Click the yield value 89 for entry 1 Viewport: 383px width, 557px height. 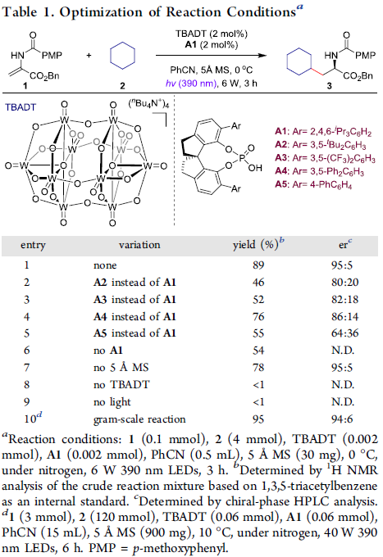point(258,265)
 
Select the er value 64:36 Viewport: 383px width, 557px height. point(345,333)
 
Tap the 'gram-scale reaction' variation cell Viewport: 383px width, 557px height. point(139,419)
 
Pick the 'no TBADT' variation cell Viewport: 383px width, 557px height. point(121,385)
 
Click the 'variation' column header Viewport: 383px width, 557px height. point(139,245)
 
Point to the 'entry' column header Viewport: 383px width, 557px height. point(33,246)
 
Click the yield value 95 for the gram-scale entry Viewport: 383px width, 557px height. point(258,419)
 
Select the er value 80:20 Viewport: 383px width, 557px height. point(345,283)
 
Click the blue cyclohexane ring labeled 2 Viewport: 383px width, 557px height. point(122,56)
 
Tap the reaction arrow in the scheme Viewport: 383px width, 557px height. point(211,56)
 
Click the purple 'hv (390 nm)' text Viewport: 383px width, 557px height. point(191,84)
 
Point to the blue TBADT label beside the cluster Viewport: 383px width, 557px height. point(21,107)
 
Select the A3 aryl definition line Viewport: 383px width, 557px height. point(325,158)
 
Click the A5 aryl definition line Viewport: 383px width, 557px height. point(313,185)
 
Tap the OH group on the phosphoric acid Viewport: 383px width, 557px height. point(255,168)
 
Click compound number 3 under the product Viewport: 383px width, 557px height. point(330,86)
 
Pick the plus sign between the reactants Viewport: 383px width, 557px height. point(89,56)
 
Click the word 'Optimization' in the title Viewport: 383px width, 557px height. point(101,12)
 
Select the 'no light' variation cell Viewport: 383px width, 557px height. point(112,402)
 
